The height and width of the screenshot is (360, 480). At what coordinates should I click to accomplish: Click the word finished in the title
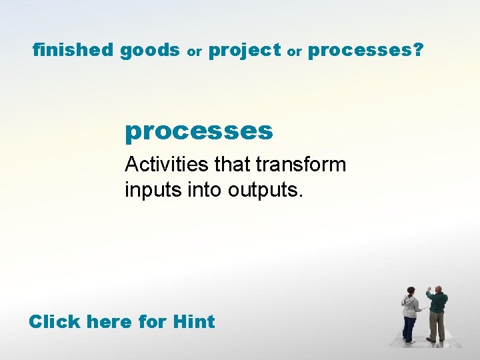tap(74, 50)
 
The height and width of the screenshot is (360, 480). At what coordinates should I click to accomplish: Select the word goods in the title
tap(150, 50)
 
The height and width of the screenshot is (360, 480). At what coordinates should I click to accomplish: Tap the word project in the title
tap(245, 50)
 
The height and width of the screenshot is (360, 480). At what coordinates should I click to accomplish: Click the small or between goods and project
tap(194, 51)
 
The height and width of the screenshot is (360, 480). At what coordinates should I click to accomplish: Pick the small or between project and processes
tap(295, 51)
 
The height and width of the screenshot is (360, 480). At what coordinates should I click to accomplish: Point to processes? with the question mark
tap(365, 51)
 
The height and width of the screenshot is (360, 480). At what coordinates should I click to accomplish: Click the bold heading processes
tap(199, 131)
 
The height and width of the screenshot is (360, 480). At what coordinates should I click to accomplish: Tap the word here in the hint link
tap(111, 321)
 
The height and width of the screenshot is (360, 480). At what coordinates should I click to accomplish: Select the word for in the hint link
tap(153, 321)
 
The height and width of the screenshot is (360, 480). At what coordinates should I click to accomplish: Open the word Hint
tap(193, 321)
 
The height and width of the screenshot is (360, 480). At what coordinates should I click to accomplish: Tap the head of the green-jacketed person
tap(438, 290)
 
